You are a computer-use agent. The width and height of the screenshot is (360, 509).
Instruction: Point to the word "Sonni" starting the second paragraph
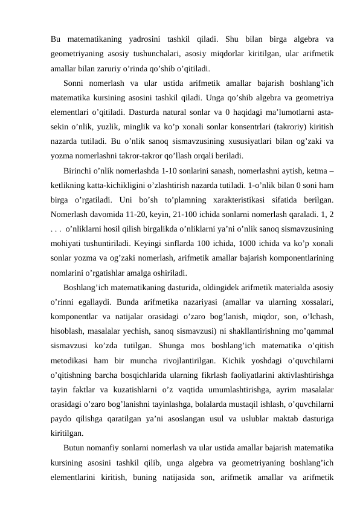(76, 83)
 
